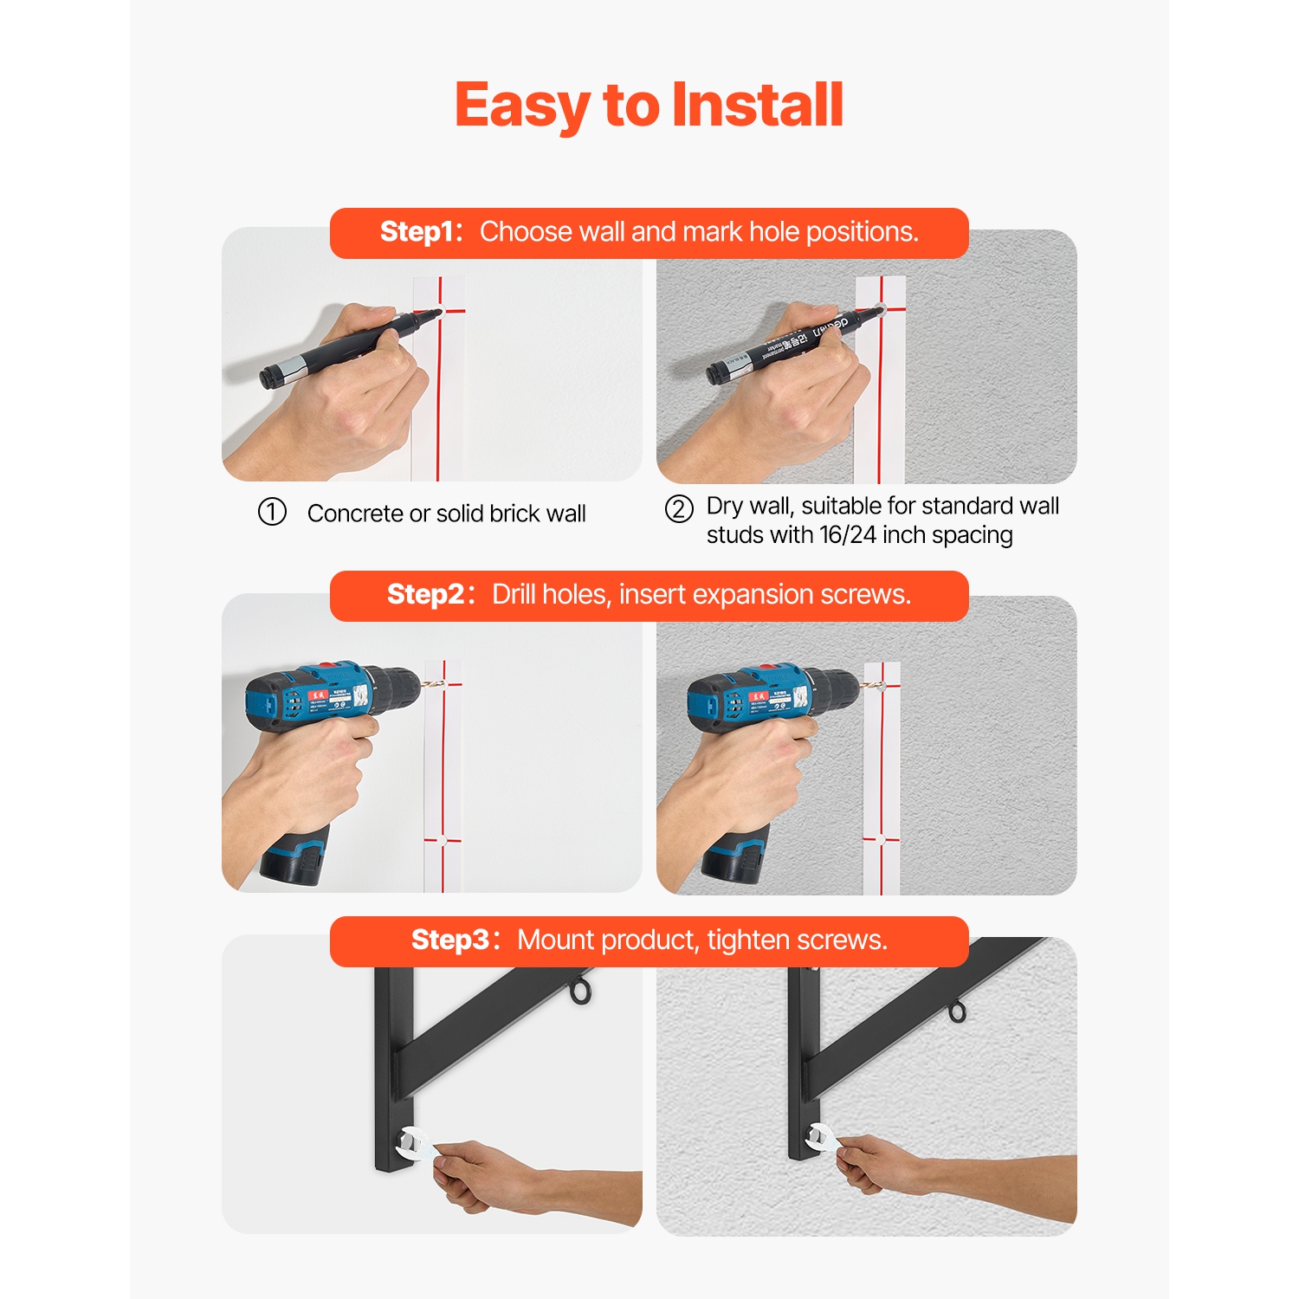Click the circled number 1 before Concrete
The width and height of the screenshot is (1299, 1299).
pos(272,512)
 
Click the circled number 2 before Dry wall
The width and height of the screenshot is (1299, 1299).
pos(679,508)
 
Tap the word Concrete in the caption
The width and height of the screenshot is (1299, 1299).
pos(355,514)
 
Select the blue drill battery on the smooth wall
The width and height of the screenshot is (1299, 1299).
pos(294,856)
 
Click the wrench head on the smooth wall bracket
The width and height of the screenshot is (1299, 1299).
pos(410,1143)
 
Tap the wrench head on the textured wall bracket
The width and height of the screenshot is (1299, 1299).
pos(818,1136)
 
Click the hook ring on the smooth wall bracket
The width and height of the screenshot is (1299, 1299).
pos(581,992)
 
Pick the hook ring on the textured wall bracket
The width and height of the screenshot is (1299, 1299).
pos(956,1011)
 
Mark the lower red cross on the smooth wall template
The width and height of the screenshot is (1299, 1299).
pos(443,839)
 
